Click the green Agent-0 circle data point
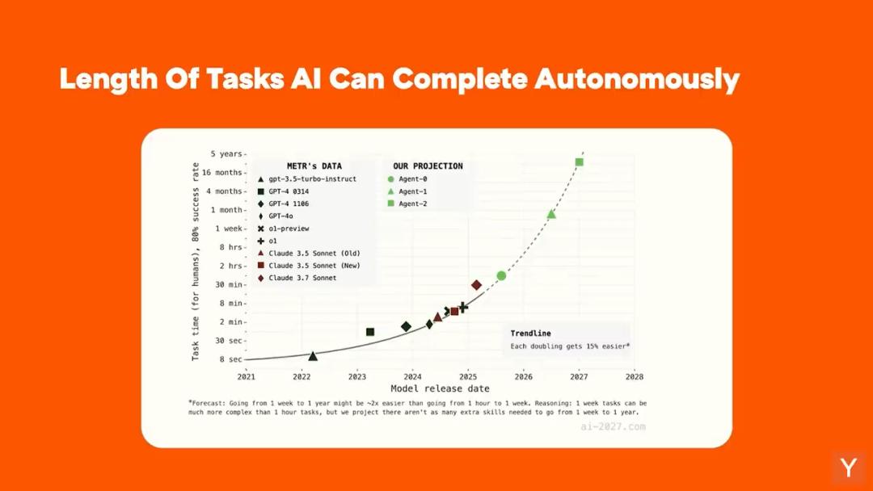[501, 275]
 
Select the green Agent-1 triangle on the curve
[551, 214]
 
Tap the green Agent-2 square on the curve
[579, 162]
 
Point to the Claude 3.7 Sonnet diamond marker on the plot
[476, 285]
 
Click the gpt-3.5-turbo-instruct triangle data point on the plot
[313, 356]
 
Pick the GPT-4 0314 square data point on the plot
[370, 332]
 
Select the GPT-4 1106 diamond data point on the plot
[407, 326]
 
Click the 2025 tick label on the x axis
[468, 376]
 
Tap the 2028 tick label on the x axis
[635, 376]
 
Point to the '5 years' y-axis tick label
[226, 154]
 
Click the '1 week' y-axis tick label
[229, 229]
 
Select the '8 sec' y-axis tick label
[231, 359]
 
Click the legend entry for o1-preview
[284, 229]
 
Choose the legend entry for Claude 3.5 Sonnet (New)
[309, 266]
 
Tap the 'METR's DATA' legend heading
[314, 166]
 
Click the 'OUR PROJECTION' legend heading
[428, 166]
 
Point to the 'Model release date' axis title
[440, 388]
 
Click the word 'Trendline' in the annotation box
[530, 333]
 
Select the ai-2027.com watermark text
[613, 426]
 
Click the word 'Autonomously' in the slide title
[637, 79]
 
